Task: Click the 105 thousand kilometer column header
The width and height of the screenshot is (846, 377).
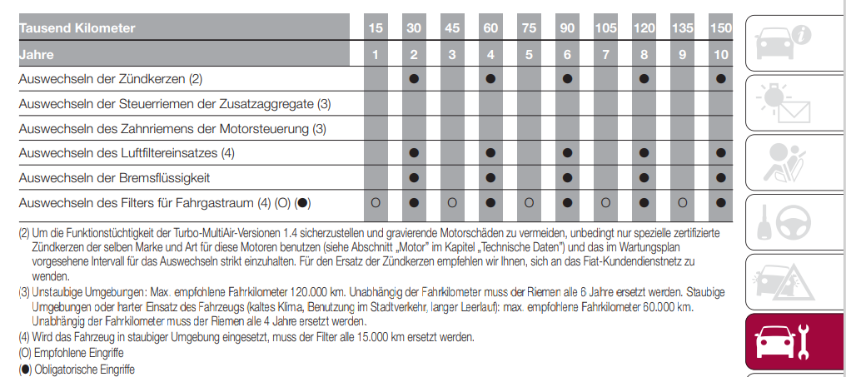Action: [605, 28]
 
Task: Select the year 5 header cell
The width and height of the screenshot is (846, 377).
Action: [529, 56]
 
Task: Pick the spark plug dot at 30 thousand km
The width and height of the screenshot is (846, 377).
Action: [414, 79]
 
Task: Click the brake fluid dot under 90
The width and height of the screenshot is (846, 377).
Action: [567, 178]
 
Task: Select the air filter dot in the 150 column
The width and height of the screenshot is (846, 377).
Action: [721, 153]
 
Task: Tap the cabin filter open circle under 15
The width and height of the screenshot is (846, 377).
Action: [376, 203]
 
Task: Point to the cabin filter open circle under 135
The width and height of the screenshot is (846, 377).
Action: [682, 203]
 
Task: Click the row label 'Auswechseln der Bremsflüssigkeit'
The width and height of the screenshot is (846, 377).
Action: [114, 178]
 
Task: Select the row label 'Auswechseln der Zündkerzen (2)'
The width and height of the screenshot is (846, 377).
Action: [111, 79]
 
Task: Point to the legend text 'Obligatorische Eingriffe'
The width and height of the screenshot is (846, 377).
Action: [83, 369]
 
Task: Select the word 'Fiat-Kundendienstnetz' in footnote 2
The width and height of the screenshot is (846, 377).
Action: [634, 261]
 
